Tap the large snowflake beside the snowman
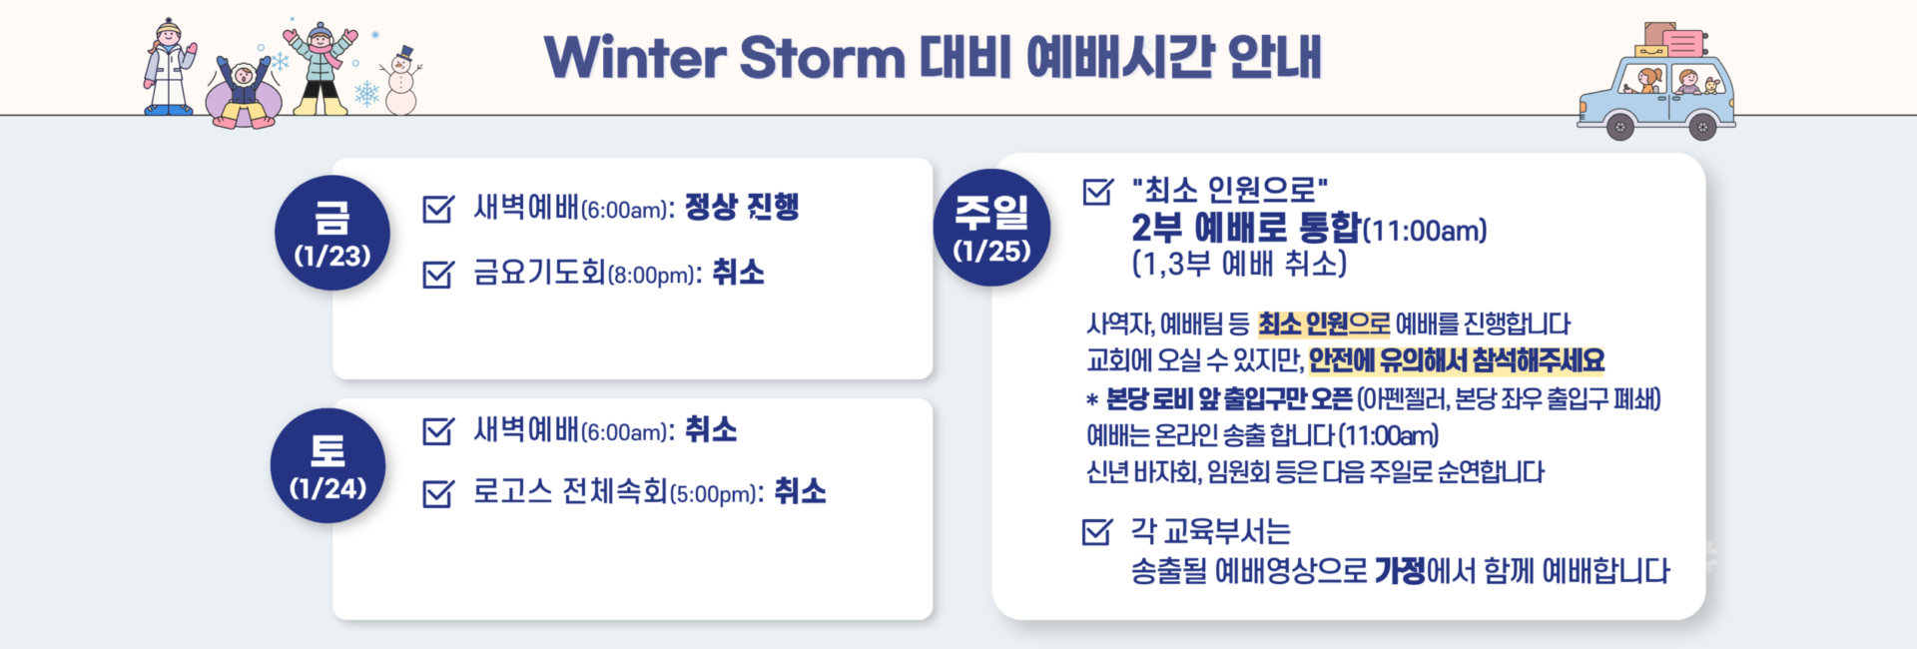[x=367, y=94]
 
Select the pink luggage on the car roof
[x=1683, y=43]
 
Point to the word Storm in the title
[x=821, y=58]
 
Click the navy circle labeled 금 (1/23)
[x=332, y=234]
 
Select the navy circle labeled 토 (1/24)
[x=327, y=466]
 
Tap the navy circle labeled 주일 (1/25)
[x=990, y=228]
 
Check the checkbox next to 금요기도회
[x=437, y=274]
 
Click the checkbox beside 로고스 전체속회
[x=437, y=493]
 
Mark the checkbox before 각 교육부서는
[x=1096, y=531]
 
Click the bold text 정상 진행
[x=742, y=208]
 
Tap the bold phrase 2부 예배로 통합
[x=1245, y=229]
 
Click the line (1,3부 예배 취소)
[x=1239, y=265]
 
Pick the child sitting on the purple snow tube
[x=243, y=90]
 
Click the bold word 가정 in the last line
[x=1400, y=571]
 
